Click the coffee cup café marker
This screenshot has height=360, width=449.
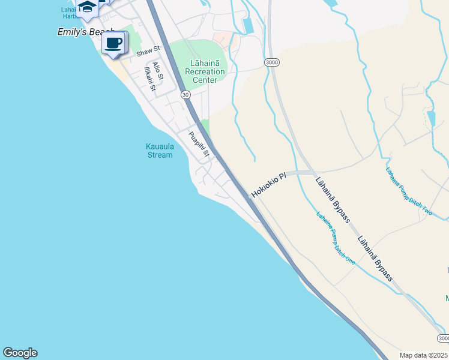[x=114, y=43]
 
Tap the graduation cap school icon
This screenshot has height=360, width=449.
[x=88, y=7]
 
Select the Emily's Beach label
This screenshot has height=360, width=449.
[x=84, y=32]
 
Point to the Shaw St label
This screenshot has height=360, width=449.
[x=149, y=52]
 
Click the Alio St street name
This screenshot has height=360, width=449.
[x=158, y=70]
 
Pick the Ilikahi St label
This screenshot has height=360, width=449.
[x=149, y=80]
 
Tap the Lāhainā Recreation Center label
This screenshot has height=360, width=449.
[x=205, y=71]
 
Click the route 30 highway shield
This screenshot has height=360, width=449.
[x=185, y=94]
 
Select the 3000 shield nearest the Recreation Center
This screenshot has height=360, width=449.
[x=271, y=62]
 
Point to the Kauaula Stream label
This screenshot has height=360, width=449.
[x=159, y=150]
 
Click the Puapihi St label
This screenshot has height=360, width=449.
[x=198, y=144]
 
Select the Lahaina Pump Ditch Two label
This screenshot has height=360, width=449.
[x=409, y=190]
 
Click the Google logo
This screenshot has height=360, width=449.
[x=20, y=353]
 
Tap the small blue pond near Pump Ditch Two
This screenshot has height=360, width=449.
[x=430, y=118]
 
